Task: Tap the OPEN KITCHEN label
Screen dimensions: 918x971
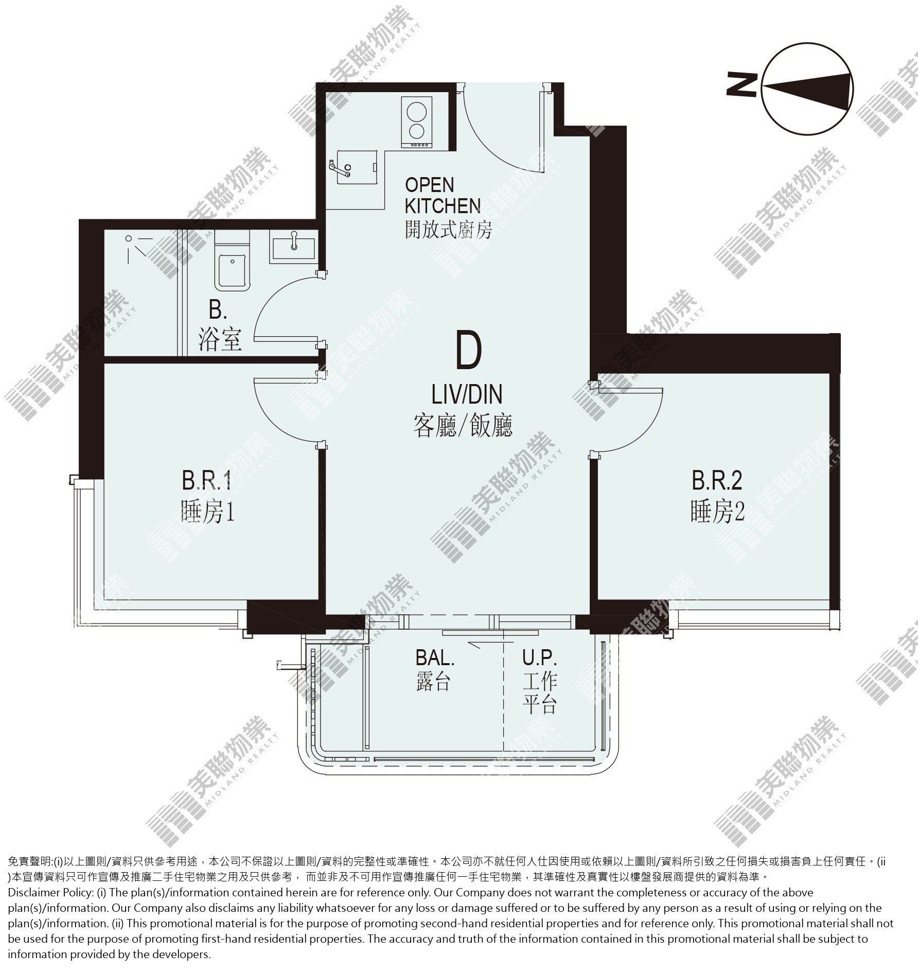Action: tap(443, 196)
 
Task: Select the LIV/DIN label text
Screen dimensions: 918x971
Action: tap(466, 395)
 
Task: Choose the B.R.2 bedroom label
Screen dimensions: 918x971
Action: tap(717, 481)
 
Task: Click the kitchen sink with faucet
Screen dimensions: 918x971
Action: tap(354, 165)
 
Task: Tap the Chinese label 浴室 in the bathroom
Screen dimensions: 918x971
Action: tap(220, 340)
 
